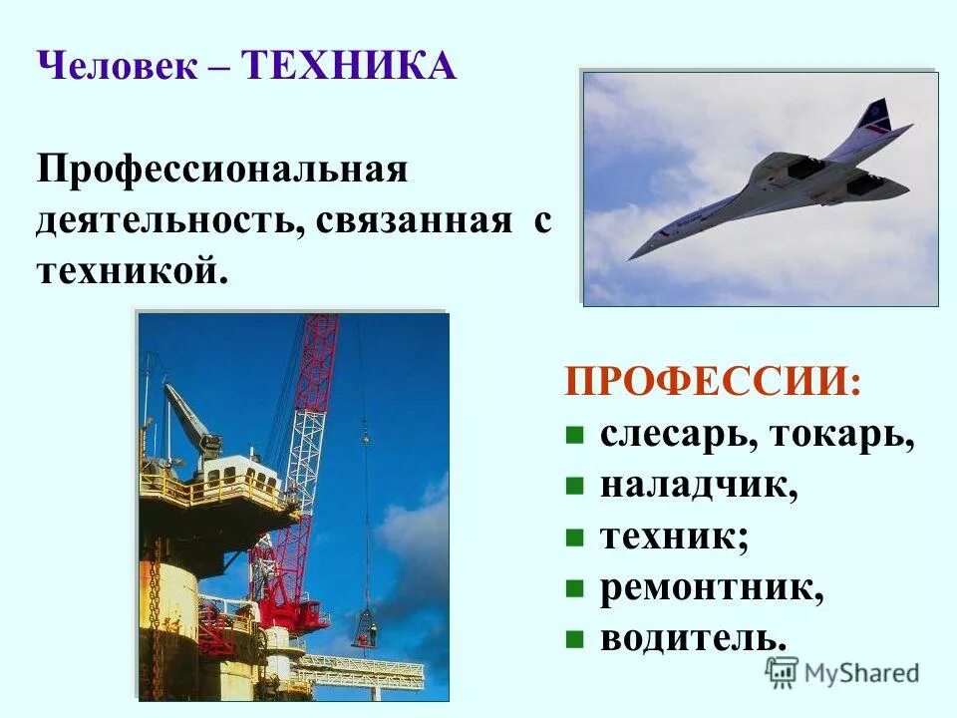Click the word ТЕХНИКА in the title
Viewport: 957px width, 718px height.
[x=349, y=68]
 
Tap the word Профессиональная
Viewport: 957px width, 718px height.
[x=222, y=169]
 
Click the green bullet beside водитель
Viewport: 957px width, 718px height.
[x=573, y=640]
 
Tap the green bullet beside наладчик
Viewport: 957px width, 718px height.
[x=573, y=488]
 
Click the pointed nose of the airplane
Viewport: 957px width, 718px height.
[x=633, y=256]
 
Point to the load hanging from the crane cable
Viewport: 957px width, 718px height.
[x=365, y=628]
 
